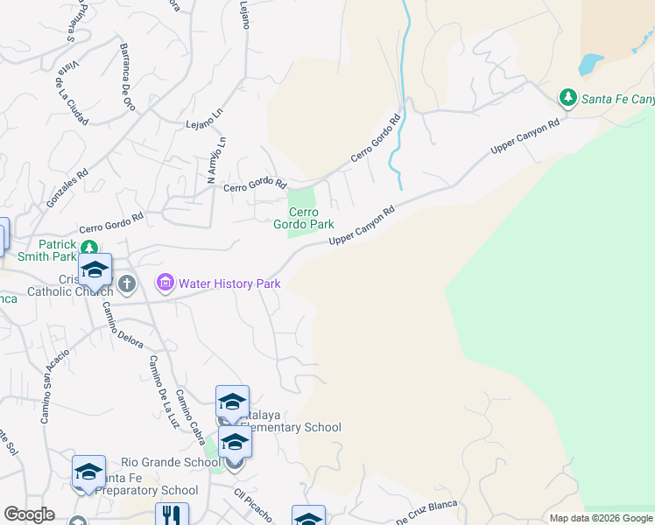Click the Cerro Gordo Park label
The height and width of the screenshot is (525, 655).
click(304, 218)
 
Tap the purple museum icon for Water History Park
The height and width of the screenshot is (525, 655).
click(165, 283)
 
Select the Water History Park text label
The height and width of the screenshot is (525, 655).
click(229, 283)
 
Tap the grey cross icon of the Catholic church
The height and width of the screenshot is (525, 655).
click(127, 283)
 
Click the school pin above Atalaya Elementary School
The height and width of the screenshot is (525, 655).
click(232, 402)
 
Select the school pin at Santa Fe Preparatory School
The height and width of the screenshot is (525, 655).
click(88, 472)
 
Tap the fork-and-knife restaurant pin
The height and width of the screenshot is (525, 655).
click(172, 517)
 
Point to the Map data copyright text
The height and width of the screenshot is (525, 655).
click(600, 518)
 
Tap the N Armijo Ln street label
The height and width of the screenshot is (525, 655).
click(217, 160)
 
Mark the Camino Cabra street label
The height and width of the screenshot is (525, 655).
click(191, 410)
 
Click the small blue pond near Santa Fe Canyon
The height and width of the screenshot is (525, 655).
click(591, 63)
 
